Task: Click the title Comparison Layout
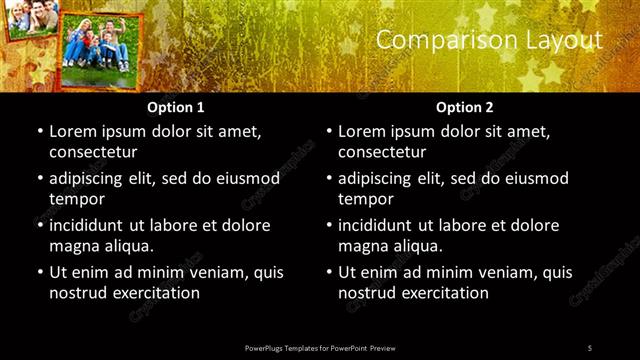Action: tap(489, 40)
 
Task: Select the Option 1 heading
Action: tap(176, 106)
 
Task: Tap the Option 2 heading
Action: tap(465, 106)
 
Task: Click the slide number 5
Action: tap(590, 347)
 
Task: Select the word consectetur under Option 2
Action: tap(382, 152)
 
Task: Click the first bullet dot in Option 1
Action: tap(39, 131)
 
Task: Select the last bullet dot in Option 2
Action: tap(328, 272)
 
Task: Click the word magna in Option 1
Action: tap(73, 246)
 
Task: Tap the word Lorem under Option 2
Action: tap(363, 131)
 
